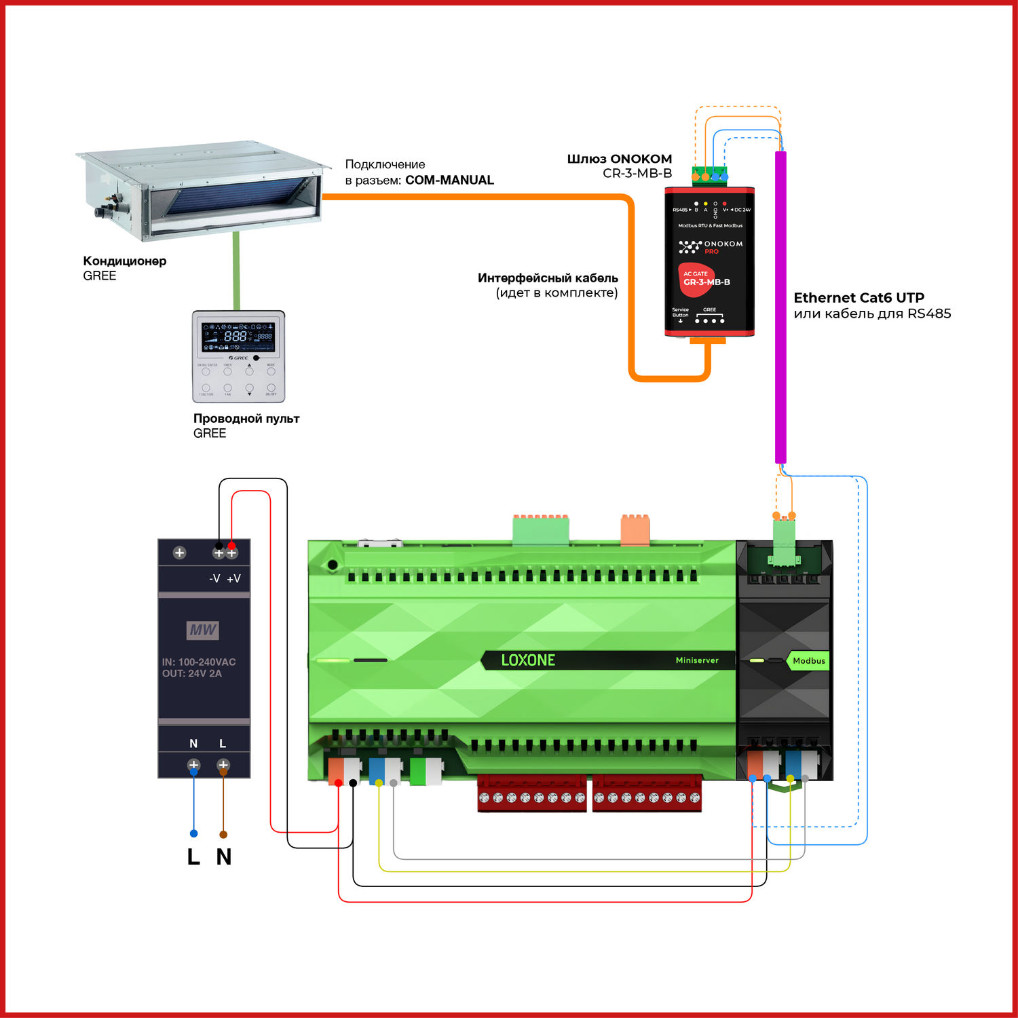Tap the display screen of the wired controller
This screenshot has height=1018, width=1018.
tap(238, 337)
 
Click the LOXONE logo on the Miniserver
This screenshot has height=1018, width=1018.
tap(528, 660)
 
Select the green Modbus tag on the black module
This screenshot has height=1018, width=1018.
tap(808, 661)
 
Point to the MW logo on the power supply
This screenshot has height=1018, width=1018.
tap(202, 630)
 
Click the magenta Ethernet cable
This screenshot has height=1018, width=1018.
tap(780, 305)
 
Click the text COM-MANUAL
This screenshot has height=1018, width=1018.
tap(449, 181)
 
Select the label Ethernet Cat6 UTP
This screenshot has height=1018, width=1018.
tap(859, 298)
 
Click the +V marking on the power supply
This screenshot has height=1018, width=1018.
tap(233, 579)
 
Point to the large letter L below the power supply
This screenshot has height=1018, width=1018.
tap(193, 857)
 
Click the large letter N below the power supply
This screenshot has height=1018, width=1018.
tap(224, 857)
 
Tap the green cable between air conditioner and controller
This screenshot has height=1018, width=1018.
tap(236, 270)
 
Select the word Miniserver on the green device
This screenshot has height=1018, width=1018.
tap(696, 660)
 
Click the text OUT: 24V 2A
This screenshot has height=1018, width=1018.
tap(192, 674)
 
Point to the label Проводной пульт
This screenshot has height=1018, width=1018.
tap(246, 419)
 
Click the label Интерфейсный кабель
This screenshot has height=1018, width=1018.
tap(548, 278)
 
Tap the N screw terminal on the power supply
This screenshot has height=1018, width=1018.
tap(193, 765)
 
